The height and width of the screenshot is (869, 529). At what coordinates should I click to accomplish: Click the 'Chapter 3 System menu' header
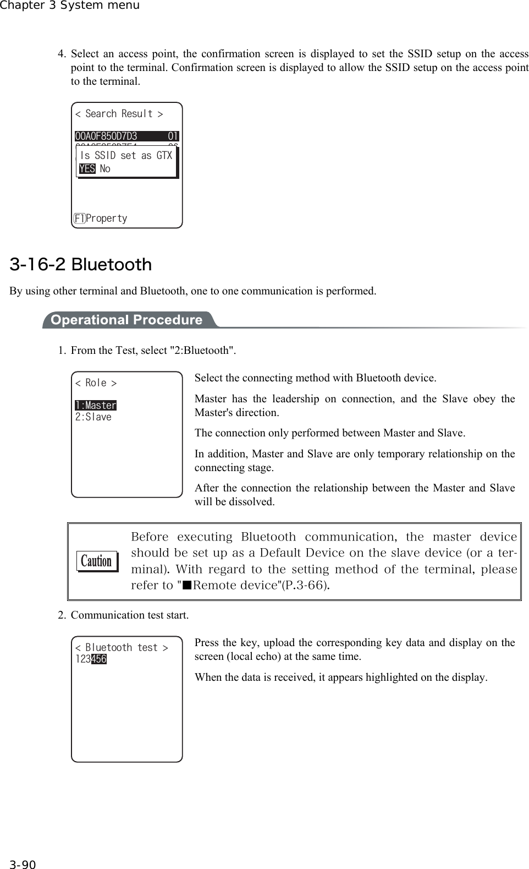tap(70, 6)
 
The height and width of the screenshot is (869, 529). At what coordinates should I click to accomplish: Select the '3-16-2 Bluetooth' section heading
tap(81, 265)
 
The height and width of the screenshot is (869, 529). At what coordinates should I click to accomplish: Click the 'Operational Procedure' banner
tap(126, 320)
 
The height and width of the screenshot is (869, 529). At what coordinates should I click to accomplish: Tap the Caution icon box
tap(97, 561)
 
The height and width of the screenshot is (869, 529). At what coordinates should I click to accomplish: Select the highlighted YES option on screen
tap(87, 169)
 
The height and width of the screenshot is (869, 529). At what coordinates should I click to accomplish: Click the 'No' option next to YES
tap(105, 169)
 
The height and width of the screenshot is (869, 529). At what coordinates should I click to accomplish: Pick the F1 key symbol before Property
tap(79, 218)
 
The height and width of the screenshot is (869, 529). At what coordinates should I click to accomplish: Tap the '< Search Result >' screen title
tap(119, 114)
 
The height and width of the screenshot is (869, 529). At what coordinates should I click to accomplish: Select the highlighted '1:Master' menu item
tap(96, 406)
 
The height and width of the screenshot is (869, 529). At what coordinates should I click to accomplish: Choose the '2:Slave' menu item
tap(93, 417)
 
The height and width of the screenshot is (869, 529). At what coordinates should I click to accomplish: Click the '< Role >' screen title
tap(96, 383)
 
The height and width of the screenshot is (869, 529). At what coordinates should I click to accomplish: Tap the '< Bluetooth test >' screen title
tap(122, 648)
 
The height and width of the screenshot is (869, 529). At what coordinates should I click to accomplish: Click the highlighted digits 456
tap(99, 659)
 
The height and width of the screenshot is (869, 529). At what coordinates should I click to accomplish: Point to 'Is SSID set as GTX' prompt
tap(126, 156)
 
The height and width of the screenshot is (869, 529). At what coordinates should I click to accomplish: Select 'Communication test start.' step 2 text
tap(130, 615)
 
